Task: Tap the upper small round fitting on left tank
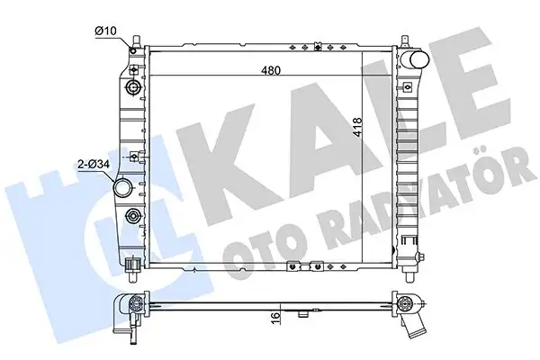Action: [133, 88]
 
